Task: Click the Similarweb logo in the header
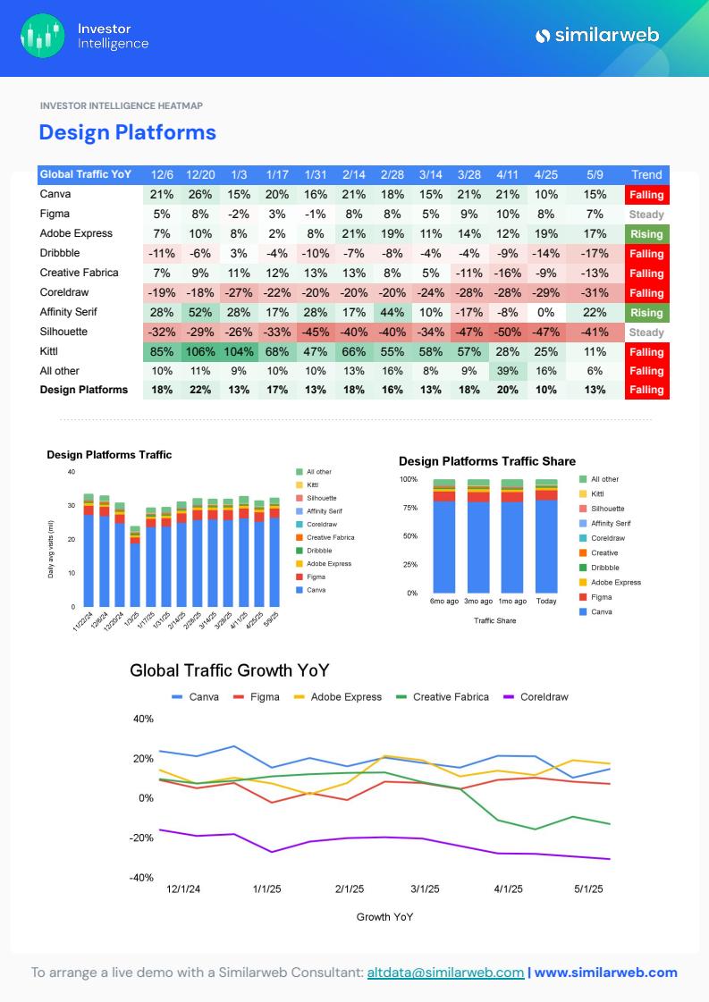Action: (x=597, y=36)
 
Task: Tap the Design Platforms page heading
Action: (x=127, y=132)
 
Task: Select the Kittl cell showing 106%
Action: (x=200, y=351)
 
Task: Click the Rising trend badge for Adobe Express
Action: (x=646, y=234)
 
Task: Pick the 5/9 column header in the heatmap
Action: (x=595, y=174)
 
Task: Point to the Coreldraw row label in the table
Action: (x=64, y=292)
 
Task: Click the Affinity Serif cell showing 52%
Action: (x=200, y=312)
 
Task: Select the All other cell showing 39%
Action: (x=508, y=371)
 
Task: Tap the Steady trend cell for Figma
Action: (x=646, y=215)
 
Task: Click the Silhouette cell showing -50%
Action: (x=508, y=332)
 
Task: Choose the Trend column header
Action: (x=646, y=174)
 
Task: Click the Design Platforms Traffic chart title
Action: (x=109, y=455)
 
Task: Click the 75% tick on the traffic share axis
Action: (x=409, y=508)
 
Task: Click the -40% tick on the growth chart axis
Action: (x=143, y=878)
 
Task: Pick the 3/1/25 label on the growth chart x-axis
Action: (x=425, y=889)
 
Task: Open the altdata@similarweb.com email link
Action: (x=445, y=973)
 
